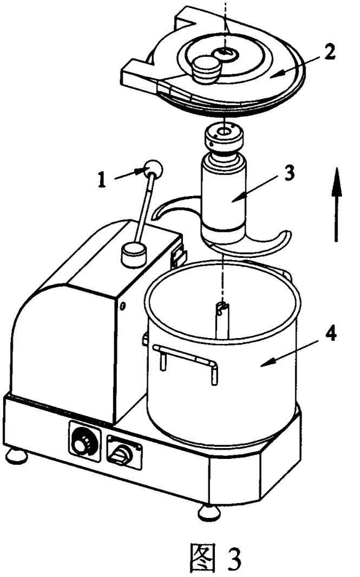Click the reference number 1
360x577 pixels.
pos(102,180)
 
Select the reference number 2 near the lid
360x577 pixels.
pos(329,52)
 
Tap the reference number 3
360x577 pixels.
pos(290,173)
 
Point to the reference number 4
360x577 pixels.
pos(331,334)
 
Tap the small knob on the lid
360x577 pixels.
pos(206,69)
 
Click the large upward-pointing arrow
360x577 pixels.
pos(336,205)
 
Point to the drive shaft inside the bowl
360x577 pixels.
pos(222,320)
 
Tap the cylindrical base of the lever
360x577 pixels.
pos(134,254)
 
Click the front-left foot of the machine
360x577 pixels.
pos(17,456)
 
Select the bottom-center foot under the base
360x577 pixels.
pos(210,512)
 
